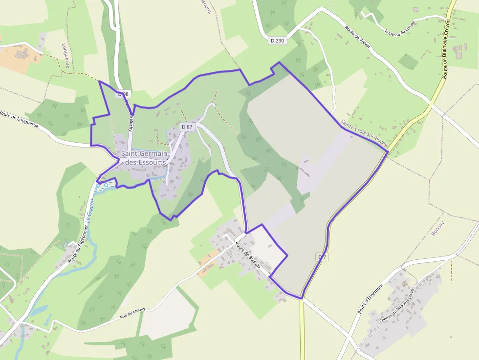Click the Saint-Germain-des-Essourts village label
(145, 158)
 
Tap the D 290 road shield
(277, 41)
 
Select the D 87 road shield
(187, 127)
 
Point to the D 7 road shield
(322, 257)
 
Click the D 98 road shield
(123, 93)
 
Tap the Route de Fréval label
(358, 37)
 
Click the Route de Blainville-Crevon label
(446, 49)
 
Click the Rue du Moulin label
(133, 313)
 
